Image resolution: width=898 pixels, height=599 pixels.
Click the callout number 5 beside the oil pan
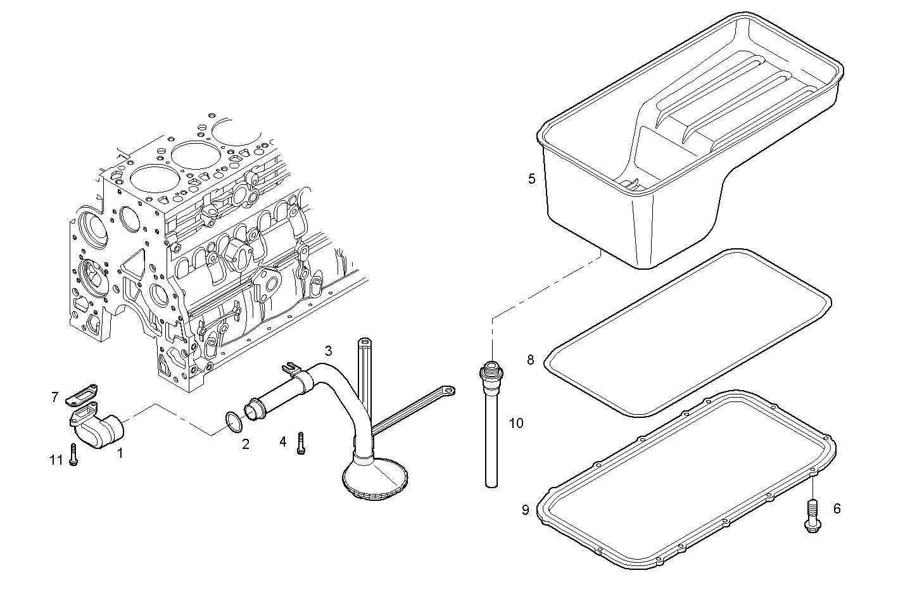(532, 179)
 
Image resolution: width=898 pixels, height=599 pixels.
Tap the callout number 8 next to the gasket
(531, 360)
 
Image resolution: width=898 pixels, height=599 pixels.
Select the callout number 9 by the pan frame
(525, 510)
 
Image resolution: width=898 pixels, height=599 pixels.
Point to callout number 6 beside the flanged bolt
(837, 508)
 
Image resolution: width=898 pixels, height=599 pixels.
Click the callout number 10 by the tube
(516, 423)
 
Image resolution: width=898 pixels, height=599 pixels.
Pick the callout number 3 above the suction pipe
(328, 350)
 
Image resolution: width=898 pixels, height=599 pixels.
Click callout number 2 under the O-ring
(245, 445)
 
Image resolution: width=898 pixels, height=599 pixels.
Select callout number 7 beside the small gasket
(55, 398)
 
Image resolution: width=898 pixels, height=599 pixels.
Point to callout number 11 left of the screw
(56, 460)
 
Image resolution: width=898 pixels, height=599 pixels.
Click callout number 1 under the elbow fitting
(120, 453)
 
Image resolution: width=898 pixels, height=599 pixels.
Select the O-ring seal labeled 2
(234, 422)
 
